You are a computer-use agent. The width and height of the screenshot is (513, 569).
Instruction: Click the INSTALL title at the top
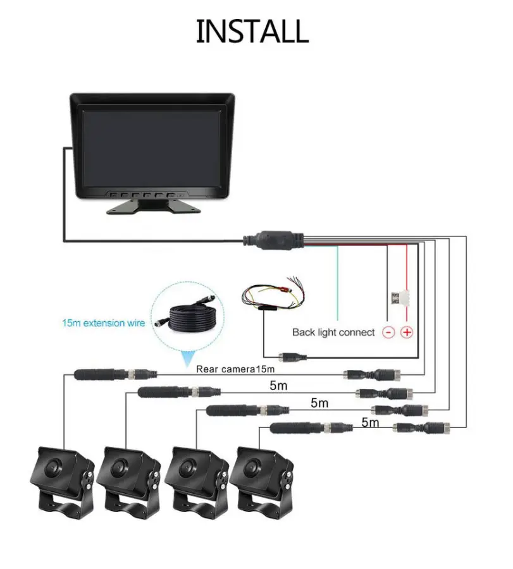(252, 31)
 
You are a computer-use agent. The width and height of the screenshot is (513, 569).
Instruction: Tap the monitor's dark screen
(152, 149)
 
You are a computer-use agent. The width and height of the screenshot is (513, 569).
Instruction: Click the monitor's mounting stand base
(153, 207)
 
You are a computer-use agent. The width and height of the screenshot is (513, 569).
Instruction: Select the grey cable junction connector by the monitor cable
(273, 240)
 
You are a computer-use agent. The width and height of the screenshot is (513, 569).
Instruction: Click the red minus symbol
(388, 332)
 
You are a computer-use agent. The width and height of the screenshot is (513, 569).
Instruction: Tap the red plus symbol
(407, 332)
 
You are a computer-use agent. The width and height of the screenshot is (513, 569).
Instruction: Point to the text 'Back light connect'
(333, 333)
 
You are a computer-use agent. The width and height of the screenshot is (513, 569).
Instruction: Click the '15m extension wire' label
(104, 323)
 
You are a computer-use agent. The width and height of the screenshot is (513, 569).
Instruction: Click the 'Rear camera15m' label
(235, 369)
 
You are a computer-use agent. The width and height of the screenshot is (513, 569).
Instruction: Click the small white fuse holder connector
(399, 298)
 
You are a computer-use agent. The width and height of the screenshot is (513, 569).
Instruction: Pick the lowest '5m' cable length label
(370, 422)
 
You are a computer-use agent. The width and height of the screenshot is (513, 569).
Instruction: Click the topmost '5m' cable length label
(278, 386)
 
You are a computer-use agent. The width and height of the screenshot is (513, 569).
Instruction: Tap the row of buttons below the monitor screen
(145, 195)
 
